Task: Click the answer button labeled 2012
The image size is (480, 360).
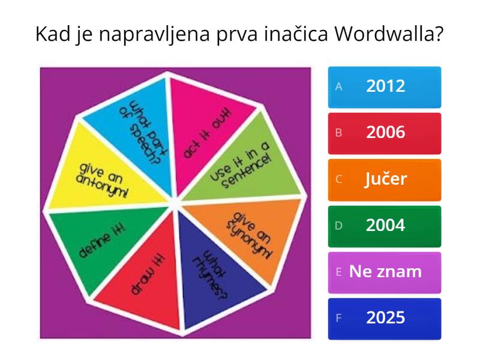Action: (x=385, y=86)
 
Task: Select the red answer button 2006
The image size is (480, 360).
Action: (x=385, y=133)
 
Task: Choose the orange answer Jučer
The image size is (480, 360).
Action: (x=385, y=179)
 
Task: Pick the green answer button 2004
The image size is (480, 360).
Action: (x=385, y=226)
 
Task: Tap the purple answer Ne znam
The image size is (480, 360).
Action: (x=385, y=272)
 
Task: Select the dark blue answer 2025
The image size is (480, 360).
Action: (x=385, y=318)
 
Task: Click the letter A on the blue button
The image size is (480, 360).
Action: (x=338, y=86)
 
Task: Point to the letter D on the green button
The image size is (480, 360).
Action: (x=338, y=226)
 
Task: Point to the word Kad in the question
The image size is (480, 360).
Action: (x=52, y=34)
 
